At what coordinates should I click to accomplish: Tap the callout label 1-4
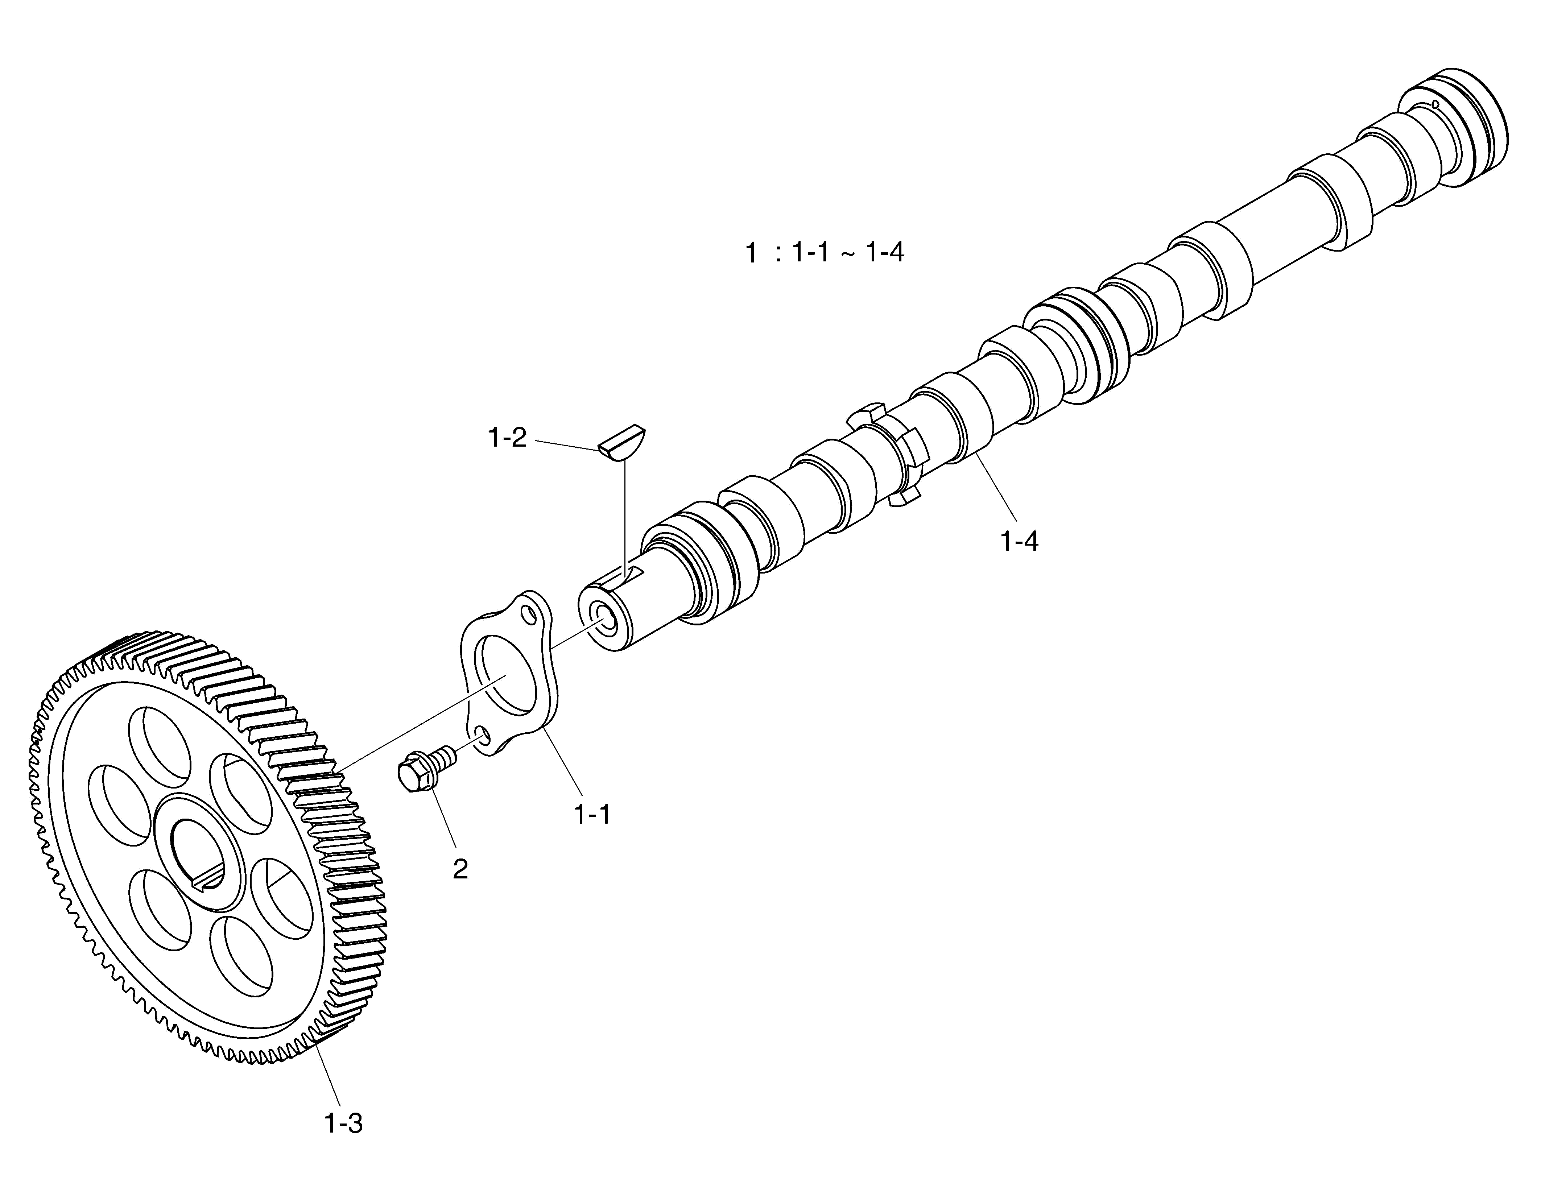click(1019, 541)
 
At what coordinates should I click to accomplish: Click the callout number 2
click(460, 869)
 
